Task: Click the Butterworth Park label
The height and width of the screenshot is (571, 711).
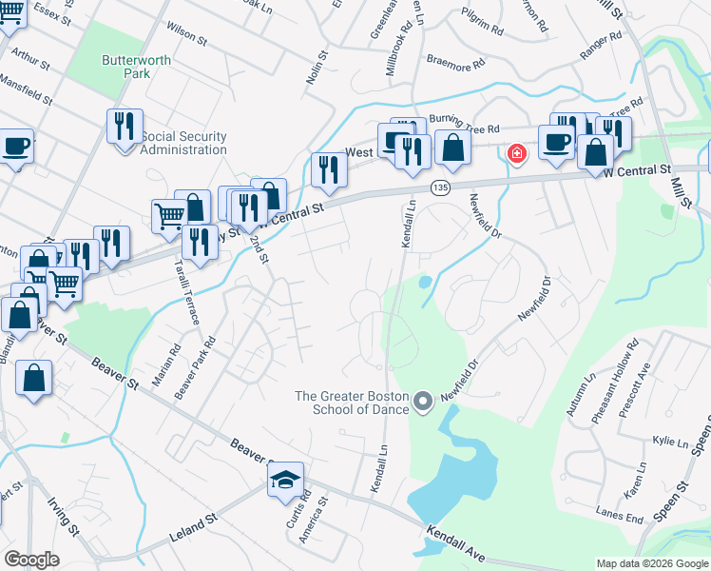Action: (137, 68)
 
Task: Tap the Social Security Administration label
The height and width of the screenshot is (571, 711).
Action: (183, 143)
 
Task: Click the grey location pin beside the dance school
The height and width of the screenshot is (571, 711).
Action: (425, 403)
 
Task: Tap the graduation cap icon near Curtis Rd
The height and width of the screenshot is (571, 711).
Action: (283, 482)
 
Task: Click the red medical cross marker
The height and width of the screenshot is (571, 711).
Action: (517, 154)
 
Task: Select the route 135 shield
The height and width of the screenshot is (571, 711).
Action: (438, 188)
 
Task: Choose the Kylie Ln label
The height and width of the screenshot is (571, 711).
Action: (670, 443)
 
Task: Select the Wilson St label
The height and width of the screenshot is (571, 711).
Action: (186, 34)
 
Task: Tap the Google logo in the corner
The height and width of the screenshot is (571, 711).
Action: (31, 560)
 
